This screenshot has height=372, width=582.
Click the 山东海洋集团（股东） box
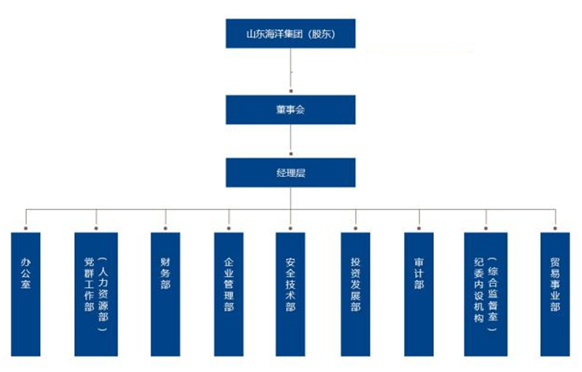290,33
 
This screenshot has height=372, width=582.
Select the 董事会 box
290,109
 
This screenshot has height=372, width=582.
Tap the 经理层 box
290,173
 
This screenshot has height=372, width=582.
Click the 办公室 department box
26,294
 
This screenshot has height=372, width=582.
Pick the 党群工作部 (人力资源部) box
96,294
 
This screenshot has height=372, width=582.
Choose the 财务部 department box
165,294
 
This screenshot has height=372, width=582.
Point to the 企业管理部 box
228,294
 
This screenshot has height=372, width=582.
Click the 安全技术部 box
290,294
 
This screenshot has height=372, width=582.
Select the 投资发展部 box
356,294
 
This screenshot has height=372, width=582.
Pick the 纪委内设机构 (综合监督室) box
486,294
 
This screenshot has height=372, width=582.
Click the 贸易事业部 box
555,294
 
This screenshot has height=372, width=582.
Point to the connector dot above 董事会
291,91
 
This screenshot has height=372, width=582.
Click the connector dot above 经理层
291,154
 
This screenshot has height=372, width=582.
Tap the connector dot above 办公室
26,228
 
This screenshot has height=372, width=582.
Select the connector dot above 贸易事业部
555,228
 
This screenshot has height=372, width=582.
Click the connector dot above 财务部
165,228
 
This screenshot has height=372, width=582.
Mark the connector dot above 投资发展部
356,228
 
